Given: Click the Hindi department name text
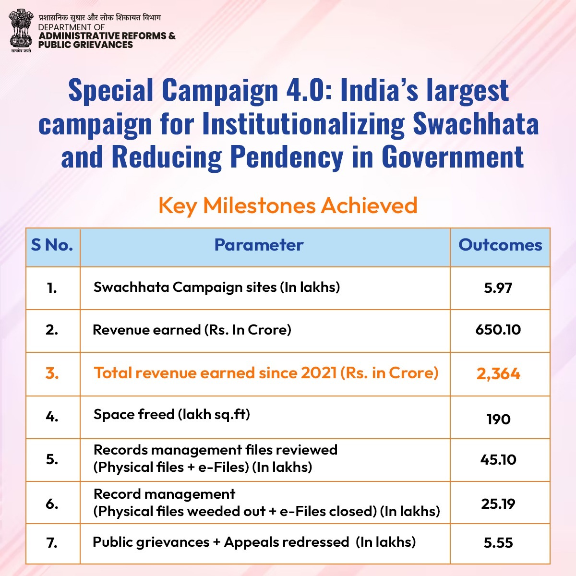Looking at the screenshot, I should tap(100, 18).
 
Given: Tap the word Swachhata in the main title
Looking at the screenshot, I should tap(476, 123).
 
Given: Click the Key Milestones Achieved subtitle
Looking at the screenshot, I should tap(288, 205).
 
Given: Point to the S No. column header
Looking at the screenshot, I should tap(52, 245).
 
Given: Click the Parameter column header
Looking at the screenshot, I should tap(259, 245).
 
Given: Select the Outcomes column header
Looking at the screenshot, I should tap(500, 245).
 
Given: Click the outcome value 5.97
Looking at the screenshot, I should tap(498, 288).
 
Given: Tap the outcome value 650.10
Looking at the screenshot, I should tap(498, 330).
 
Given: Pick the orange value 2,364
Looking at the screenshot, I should tap(498, 374).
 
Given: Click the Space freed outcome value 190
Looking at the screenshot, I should tap(498, 420).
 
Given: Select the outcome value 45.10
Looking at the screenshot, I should tap(498, 460).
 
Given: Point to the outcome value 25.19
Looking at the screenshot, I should tap(498, 504).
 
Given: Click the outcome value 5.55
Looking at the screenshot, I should tap(498, 543).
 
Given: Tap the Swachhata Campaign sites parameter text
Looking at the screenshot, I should tap(216, 287).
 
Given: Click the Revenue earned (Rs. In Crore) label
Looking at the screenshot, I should tap(192, 330).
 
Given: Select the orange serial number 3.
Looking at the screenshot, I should tap(52, 373).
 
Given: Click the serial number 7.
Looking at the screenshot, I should tap(52, 543).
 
